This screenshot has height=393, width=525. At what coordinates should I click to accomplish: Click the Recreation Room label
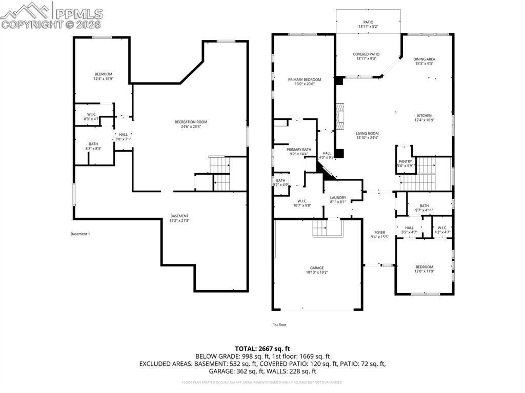click(x=191, y=122)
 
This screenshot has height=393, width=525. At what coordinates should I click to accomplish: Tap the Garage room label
click(x=316, y=267)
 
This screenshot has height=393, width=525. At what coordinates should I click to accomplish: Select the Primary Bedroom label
click(x=304, y=79)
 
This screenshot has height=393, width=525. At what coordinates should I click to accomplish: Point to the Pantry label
click(x=405, y=161)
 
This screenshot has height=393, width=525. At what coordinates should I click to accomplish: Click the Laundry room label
click(x=338, y=198)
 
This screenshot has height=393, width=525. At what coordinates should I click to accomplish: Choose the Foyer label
click(x=380, y=233)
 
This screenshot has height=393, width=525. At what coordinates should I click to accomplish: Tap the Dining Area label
click(x=424, y=59)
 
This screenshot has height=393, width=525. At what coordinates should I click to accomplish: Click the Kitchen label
click(x=424, y=116)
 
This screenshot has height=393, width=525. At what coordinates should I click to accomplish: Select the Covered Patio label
click(x=366, y=54)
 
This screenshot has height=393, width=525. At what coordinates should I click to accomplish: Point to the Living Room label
click(x=367, y=134)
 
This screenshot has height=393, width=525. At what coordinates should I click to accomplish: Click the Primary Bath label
click(x=299, y=149)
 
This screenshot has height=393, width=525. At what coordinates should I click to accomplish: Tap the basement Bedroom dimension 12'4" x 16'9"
click(x=103, y=79)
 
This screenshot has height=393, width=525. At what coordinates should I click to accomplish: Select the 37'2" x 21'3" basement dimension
click(x=179, y=221)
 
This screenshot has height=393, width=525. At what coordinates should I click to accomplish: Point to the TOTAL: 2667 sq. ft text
click(x=262, y=348)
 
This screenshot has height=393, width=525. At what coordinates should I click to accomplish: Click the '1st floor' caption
click(x=279, y=324)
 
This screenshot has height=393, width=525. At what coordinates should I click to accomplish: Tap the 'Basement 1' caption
click(x=80, y=234)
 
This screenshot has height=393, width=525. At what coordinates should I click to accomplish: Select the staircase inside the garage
click(x=320, y=229)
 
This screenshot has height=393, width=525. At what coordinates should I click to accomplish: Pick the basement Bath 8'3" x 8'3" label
click(x=93, y=146)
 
